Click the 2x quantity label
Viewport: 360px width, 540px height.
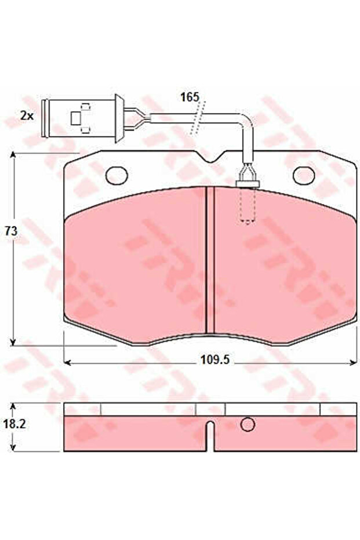(x=27, y=115)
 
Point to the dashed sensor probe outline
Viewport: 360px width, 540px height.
(x=248, y=206)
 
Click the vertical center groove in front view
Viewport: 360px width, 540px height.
(x=210, y=261)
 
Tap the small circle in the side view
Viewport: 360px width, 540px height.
(x=248, y=425)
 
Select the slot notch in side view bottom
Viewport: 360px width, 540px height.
(x=210, y=436)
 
